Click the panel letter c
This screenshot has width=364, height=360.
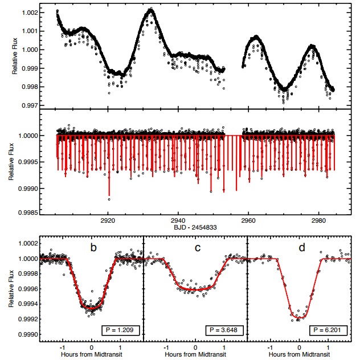[x=196, y=247]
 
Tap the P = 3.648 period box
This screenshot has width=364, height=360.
[x=222, y=330]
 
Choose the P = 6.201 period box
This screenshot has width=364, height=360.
[x=328, y=330]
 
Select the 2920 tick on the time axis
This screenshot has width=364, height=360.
[x=108, y=220]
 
